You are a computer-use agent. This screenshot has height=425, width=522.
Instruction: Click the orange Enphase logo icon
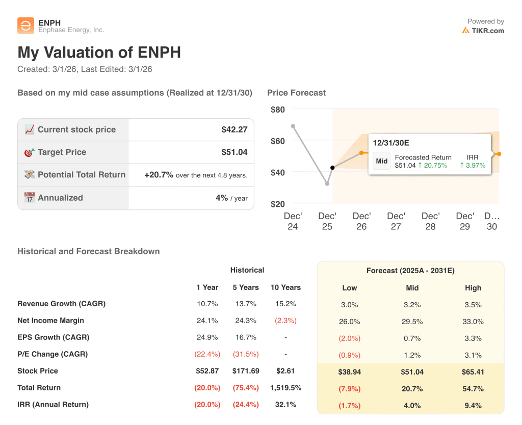[25, 26]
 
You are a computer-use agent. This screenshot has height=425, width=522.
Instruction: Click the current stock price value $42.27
[234, 129]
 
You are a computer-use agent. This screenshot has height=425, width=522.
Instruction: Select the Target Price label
[62, 152]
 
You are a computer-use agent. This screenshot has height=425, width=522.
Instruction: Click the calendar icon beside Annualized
[30, 198]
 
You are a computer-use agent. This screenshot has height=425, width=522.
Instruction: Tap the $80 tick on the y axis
[278, 110]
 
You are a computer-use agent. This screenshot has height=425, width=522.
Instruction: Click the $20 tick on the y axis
[278, 204]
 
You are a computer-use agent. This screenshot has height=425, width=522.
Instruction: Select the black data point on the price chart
[332, 168]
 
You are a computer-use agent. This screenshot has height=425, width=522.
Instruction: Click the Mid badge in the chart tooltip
[382, 161]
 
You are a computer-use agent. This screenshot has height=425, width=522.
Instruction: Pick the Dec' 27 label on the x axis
[396, 221]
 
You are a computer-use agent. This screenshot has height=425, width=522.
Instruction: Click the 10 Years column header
[285, 287]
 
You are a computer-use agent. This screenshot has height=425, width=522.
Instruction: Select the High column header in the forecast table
[473, 288]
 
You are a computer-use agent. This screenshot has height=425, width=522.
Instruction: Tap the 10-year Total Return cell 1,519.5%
[285, 388]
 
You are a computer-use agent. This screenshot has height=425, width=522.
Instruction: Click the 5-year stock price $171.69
[246, 371]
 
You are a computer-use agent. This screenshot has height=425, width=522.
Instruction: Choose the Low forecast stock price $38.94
[349, 372]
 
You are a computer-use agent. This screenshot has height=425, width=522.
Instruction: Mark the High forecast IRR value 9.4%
[473, 406]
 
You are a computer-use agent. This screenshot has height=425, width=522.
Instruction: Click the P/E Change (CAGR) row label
[53, 354]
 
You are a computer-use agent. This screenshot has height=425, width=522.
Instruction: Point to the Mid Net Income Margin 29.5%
[412, 322]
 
